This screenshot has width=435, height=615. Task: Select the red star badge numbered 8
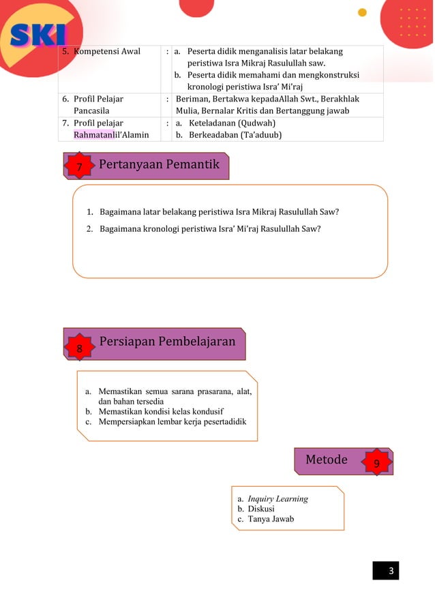click(x=79, y=348)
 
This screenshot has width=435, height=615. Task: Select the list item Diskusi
click(x=262, y=509)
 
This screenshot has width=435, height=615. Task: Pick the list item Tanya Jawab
click(x=271, y=519)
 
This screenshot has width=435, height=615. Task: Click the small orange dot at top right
click(x=362, y=12)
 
